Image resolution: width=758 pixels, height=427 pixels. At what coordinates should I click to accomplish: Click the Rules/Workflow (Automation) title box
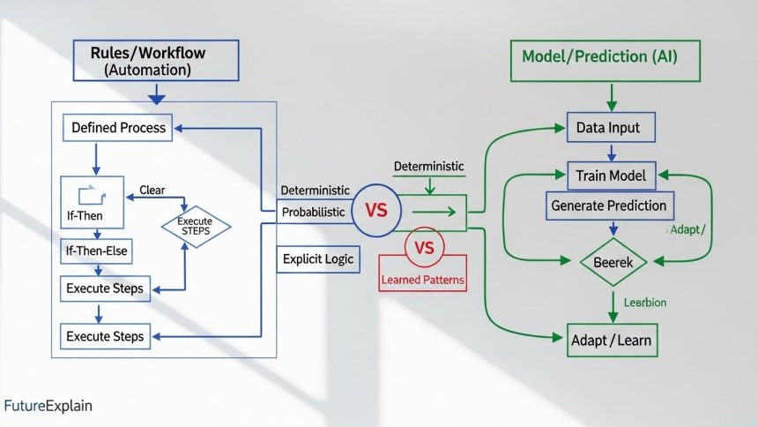pos(155,60)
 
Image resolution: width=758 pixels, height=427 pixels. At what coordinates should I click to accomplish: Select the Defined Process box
pos(118,128)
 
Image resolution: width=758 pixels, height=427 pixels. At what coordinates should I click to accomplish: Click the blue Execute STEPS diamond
pos(195,226)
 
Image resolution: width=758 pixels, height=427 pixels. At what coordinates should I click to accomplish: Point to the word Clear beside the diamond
pos(153,190)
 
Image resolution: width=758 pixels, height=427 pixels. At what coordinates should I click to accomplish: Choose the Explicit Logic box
pos(317,258)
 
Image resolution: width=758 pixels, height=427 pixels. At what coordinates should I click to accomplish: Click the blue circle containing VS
pos(376,212)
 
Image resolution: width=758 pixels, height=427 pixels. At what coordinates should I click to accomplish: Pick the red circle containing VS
pos(424,248)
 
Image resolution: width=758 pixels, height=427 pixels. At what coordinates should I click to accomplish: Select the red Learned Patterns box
pos(423,281)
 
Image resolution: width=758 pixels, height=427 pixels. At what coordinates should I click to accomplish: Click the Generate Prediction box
pos(609,206)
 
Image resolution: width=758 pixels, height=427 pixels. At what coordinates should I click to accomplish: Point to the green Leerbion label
pos(644,303)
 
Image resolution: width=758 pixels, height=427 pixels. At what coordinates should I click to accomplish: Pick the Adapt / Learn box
pos(612,339)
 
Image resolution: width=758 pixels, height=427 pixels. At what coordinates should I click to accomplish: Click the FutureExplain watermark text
pos(48,407)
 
